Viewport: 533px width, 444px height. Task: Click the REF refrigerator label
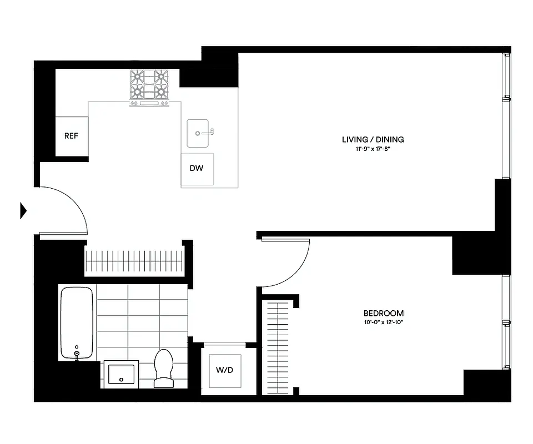point(71,136)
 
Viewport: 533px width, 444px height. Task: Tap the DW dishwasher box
point(197,169)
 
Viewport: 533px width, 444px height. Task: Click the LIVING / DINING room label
point(373,139)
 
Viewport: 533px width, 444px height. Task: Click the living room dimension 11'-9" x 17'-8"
point(373,149)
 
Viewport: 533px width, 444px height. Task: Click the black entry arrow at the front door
point(23,210)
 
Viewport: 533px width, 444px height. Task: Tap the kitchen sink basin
point(198,133)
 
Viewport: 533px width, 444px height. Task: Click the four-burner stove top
point(149,86)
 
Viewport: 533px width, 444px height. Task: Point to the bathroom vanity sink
point(122,374)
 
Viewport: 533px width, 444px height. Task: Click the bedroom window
point(505,322)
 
